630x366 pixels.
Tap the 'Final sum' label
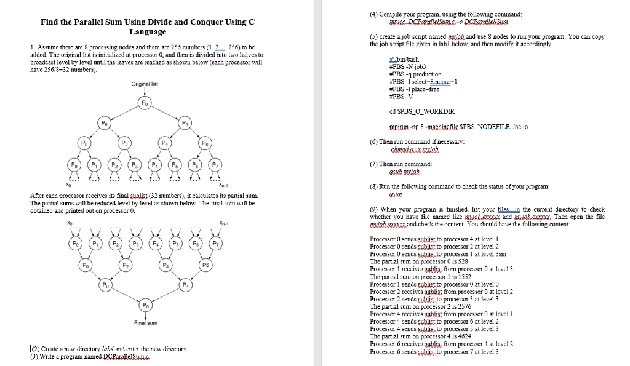pos(146,322)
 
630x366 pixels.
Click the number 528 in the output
pos(463,261)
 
